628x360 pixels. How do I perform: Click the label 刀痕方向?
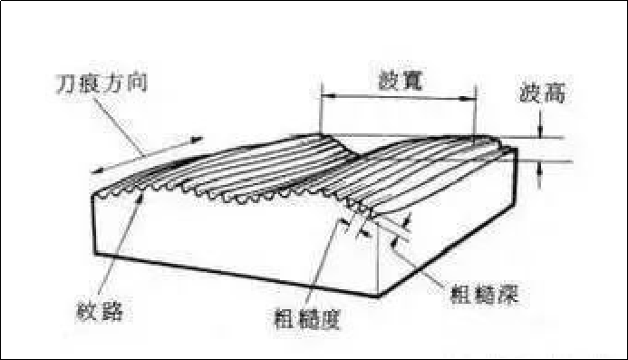(x=101, y=88)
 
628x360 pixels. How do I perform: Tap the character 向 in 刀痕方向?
(x=137, y=88)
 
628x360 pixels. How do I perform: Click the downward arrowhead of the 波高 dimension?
(x=540, y=132)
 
